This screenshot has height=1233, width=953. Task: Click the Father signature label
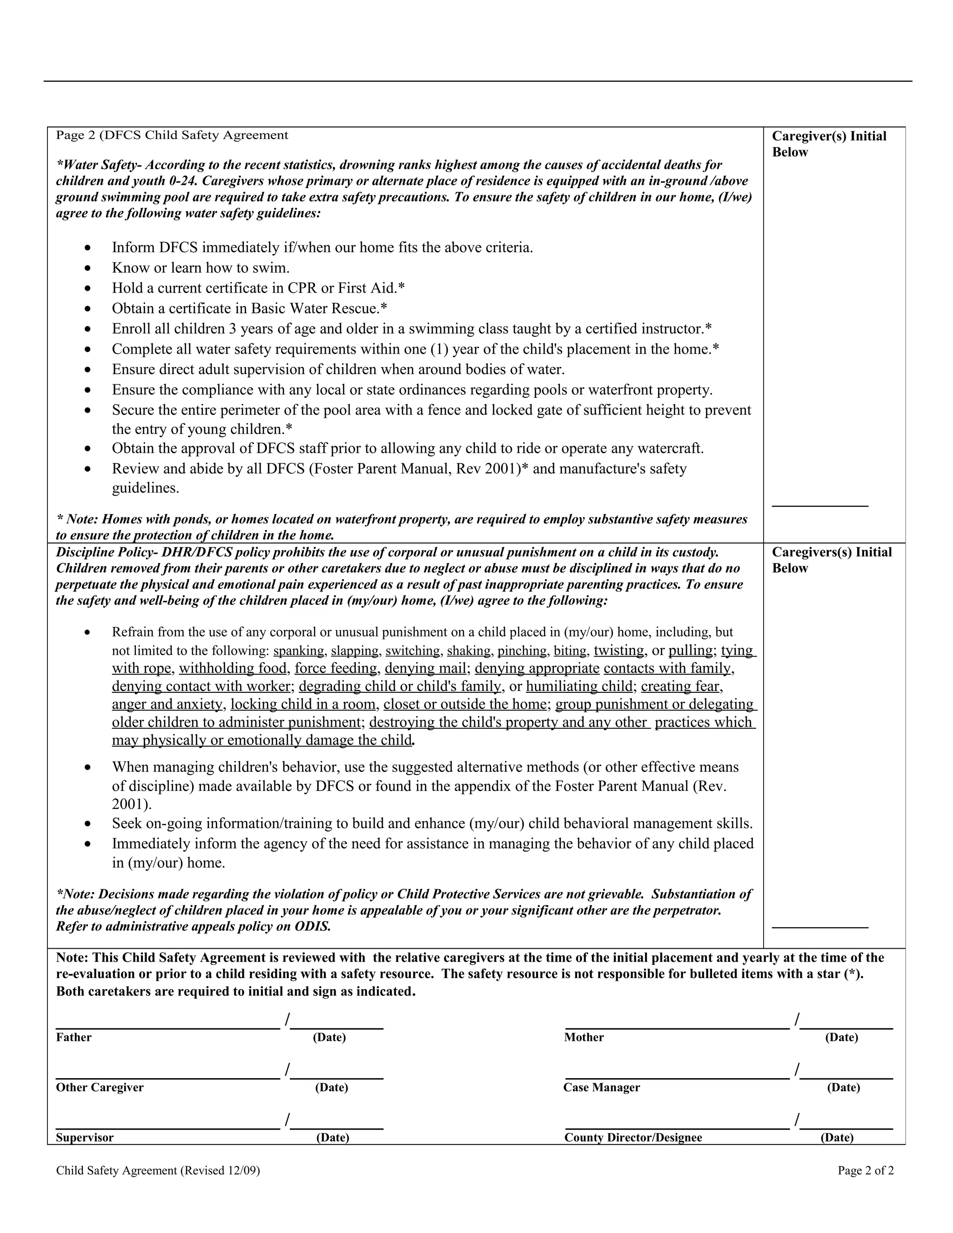click(74, 1037)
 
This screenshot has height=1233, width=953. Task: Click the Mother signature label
click(584, 1037)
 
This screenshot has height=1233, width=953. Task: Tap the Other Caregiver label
click(100, 1087)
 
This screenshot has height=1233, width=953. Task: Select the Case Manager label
click(601, 1087)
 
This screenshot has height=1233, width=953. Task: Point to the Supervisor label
click(85, 1138)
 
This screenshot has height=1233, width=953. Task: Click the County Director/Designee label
click(633, 1138)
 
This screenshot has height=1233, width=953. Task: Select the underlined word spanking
click(299, 651)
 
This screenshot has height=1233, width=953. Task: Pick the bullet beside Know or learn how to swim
click(87, 268)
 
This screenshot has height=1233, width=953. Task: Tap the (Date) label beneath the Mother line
click(841, 1037)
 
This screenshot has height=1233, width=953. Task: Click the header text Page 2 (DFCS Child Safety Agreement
click(172, 135)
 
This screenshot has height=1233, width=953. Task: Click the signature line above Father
click(168, 1028)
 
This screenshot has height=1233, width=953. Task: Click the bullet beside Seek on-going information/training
click(87, 824)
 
